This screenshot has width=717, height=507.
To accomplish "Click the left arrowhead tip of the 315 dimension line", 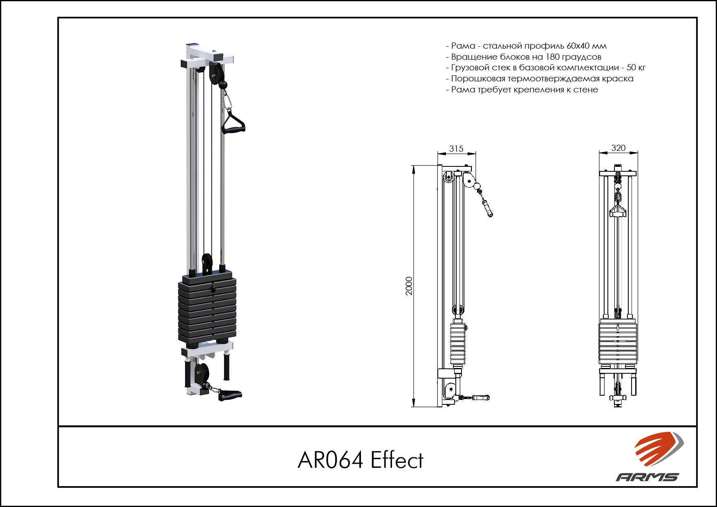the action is [x=437, y=154].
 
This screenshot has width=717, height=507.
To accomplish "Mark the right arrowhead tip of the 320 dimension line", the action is [x=638, y=153].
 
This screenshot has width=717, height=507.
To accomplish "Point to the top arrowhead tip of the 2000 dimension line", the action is [x=414, y=166].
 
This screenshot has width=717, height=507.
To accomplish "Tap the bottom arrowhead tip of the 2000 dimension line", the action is [x=414, y=407].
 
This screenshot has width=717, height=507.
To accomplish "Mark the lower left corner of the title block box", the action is [x=58, y=487].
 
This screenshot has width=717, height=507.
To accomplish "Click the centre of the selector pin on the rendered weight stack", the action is [x=213, y=289].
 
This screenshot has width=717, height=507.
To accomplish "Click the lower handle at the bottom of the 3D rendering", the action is [x=230, y=395].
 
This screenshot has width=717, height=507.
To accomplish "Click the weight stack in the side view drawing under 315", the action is [x=458, y=343].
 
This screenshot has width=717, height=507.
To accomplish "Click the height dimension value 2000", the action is [x=409, y=286].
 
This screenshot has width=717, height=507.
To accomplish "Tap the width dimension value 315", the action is [x=456, y=149].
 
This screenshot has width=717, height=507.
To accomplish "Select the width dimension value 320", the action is [x=618, y=148].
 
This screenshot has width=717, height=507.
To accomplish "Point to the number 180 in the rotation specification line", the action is [x=552, y=57].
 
